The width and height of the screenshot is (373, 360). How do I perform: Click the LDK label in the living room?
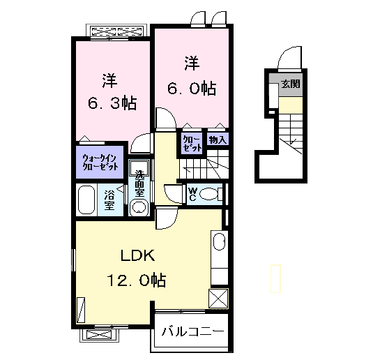[138, 256]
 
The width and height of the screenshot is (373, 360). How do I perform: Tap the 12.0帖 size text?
[137, 280]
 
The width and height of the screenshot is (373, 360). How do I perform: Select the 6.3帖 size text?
[112, 103]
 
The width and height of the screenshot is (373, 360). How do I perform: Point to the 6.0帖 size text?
[192, 89]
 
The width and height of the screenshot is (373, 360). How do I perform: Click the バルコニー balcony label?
[193, 331]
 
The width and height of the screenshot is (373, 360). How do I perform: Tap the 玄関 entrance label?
[291, 84]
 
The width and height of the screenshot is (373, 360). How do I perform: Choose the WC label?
[192, 194]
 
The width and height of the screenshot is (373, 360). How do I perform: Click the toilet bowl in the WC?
[208, 194]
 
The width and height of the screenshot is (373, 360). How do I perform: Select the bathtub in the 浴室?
[86, 200]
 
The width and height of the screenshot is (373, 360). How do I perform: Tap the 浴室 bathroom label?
[109, 200]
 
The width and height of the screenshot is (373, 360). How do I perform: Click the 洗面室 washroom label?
[139, 183]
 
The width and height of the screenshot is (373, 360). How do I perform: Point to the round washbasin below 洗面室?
[139, 207]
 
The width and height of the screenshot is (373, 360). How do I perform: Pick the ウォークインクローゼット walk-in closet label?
[100, 163]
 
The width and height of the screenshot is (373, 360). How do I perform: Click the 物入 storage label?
[218, 140]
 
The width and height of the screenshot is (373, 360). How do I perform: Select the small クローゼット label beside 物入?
[192, 144]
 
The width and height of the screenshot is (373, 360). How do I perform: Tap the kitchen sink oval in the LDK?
[220, 241]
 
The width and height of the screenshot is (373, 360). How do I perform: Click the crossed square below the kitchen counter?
[218, 299]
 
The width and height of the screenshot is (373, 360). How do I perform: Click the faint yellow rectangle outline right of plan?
[275, 278]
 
